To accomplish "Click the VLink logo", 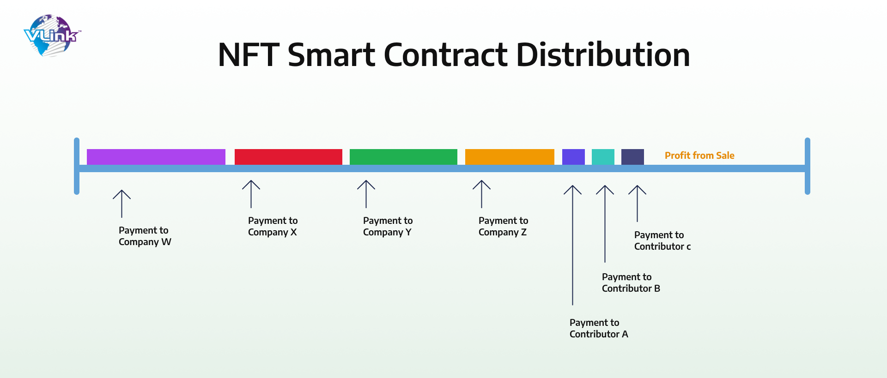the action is coord(52,36).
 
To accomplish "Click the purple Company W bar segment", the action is coord(156,157).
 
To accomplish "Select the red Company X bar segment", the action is coord(288,157).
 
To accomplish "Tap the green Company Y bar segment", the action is coord(403,157).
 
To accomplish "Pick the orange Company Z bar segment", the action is coord(510,157).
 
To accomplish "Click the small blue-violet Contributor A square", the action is coord(573,157).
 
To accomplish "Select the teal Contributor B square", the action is coord(603,157).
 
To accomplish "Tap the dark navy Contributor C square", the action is coord(632,157).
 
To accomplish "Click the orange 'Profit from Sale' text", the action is coord(699,156).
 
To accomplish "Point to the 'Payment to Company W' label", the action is coord(145,236).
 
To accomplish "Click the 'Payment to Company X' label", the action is coord(273,226).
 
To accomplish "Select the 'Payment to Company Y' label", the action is coord(388,226).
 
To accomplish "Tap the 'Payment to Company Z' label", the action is coord(503,226).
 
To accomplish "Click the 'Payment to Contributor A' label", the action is coord(599,328).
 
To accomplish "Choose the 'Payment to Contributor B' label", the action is coord(631,282).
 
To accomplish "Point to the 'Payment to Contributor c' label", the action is coord(662,240).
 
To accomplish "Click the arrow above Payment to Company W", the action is coord(122,204).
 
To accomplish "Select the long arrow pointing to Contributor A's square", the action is coord(572,245).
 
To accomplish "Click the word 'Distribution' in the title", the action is coord(603,55).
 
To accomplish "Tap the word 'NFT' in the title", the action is coord(249,55).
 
